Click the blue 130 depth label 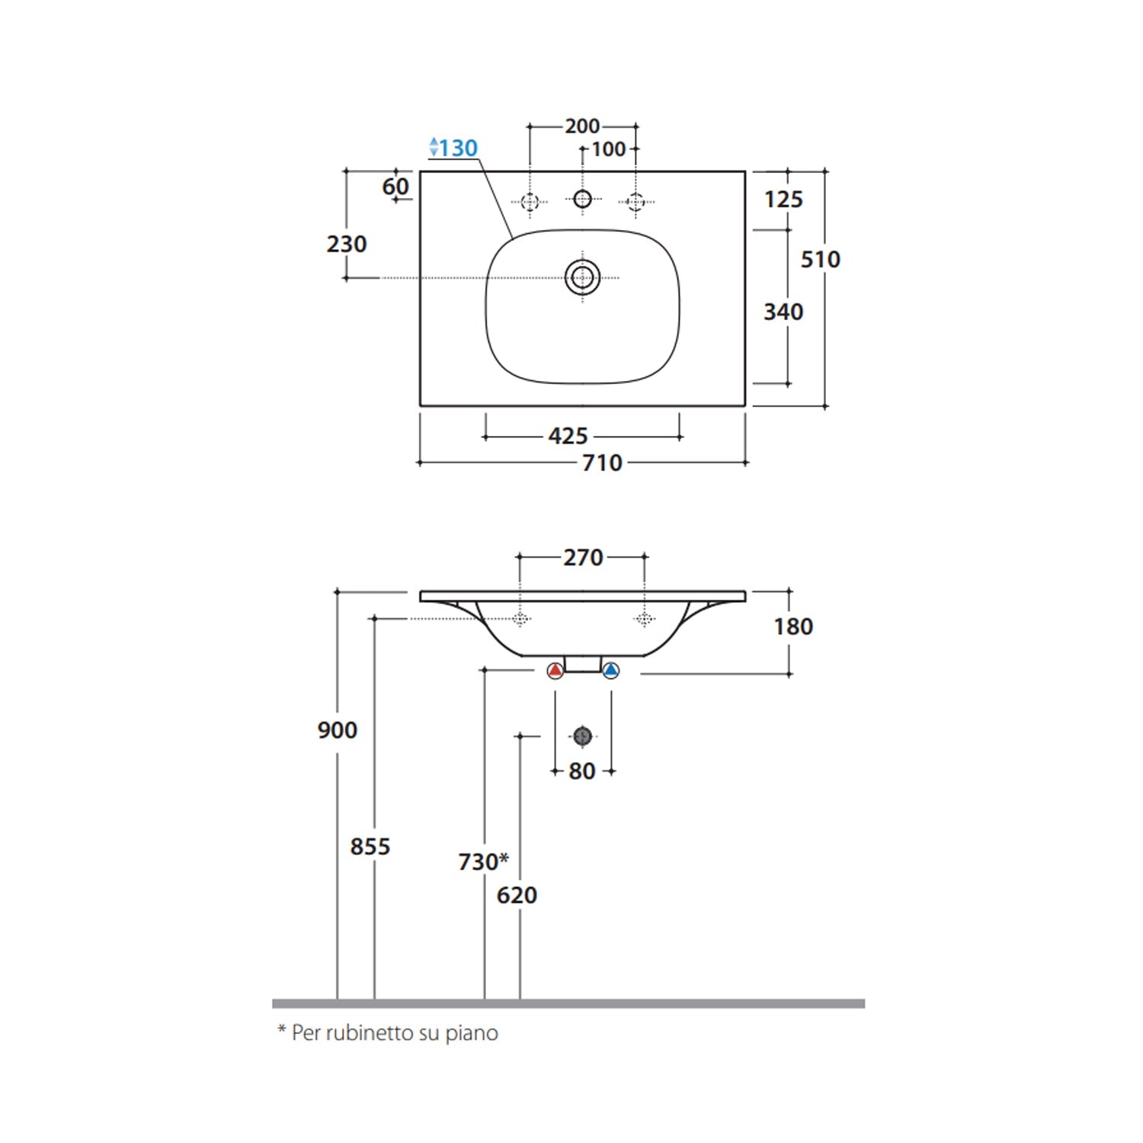pos(454,148)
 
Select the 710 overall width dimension pos(602,463)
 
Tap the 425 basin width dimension pos(568,436)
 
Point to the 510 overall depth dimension pos(820,259)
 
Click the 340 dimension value pos(783,312)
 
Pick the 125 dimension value pos(783,200)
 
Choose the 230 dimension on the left pos(347,244)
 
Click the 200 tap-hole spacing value pos(582,126)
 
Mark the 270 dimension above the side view pos(583,558)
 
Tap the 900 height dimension pos(338,730)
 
